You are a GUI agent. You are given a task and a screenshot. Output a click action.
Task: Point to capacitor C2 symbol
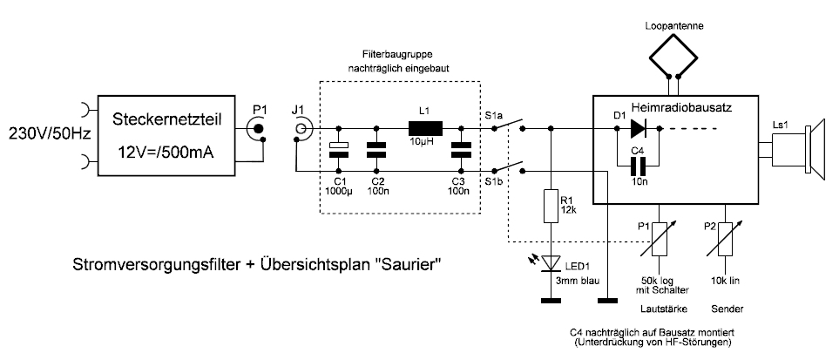point(376,150)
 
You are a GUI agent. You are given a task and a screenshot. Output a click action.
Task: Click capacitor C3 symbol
point(459,150)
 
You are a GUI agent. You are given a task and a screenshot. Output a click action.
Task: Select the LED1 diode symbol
point(549,262)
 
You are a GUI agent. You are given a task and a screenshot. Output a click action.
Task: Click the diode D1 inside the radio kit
point(639,130)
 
